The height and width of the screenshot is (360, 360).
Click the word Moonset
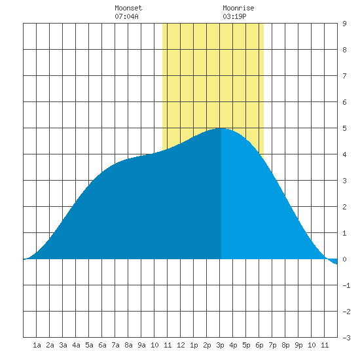128,8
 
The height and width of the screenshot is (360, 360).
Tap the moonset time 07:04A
126,16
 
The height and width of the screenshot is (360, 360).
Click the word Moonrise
238,8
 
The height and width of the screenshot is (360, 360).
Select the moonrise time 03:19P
234,16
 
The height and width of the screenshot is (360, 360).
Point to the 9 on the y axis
344,24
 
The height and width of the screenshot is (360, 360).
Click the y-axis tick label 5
344,128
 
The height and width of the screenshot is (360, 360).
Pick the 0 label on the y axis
344,259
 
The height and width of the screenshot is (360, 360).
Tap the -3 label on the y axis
346,338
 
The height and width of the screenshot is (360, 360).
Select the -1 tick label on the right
346,285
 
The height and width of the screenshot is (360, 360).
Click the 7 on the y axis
344,76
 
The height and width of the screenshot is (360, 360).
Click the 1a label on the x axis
37,345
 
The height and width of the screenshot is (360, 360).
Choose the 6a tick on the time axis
102,345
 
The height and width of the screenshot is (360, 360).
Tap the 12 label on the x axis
181,345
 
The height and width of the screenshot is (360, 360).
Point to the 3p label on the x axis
220,345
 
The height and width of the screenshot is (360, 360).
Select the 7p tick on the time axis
272,345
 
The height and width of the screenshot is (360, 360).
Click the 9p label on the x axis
298,345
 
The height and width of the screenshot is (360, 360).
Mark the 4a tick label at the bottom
76,345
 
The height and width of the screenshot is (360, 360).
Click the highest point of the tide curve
221,128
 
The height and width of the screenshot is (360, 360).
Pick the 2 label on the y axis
344,207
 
